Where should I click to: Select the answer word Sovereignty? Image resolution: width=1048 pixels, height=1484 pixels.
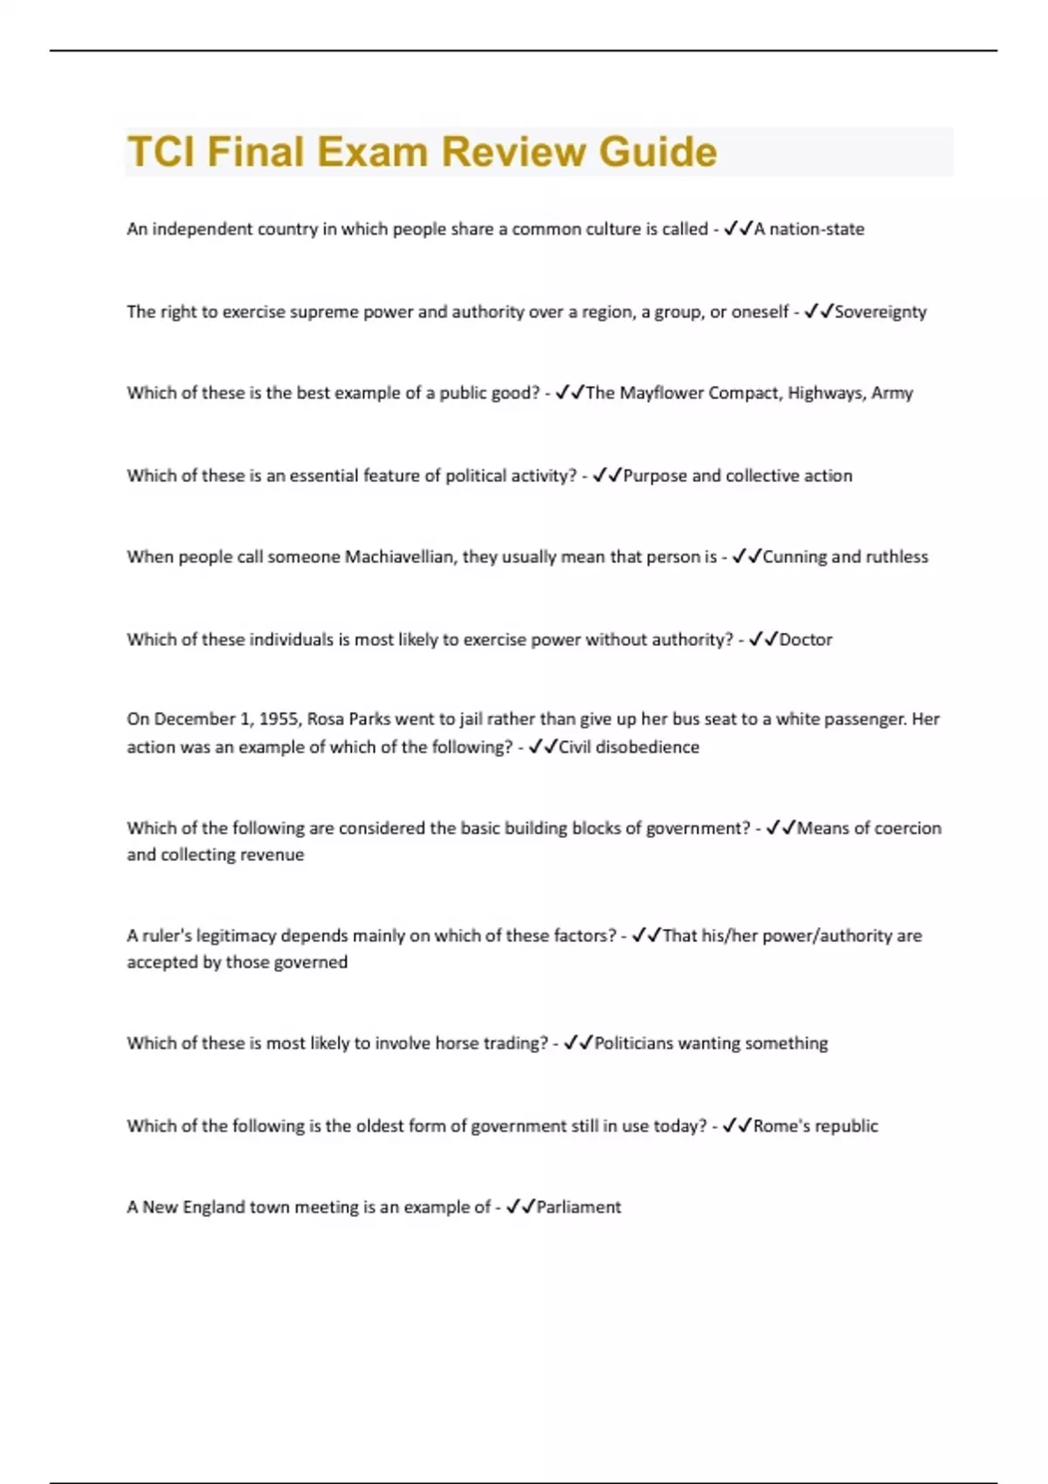click(880, 312)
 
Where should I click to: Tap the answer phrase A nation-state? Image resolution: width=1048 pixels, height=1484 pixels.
click(809, 229)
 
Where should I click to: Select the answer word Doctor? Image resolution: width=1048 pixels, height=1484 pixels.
click(805, 640)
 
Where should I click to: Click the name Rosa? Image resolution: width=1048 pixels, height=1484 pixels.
click(325, 719)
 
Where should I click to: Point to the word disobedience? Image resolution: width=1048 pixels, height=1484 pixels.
click(646, 747)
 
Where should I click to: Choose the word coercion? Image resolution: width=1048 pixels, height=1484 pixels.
click(907, 828)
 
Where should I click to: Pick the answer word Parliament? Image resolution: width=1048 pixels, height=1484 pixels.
click(578, 1207)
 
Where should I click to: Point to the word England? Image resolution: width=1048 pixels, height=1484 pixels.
click(213, 1207)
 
